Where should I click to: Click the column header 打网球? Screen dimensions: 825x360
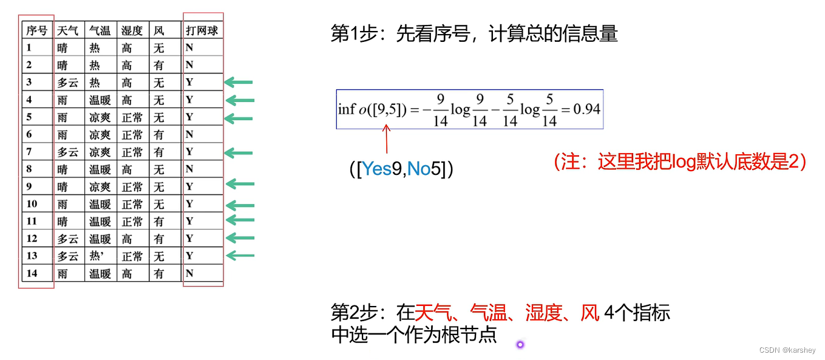click(202, 30)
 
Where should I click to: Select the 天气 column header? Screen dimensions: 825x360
click(67, 30)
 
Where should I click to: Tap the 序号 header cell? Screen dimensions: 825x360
click(37, 30)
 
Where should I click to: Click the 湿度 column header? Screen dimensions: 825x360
click(132, 30)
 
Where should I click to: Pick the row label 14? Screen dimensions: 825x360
click(32, 273)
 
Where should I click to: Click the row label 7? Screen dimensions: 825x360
click(29, 151)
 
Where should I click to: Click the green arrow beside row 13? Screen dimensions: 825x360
click(239, 256)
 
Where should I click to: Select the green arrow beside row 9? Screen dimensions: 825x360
click(239, 185)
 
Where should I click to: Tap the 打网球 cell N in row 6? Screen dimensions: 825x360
click(189, 134)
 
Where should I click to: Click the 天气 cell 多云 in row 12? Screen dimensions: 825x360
click(67, 239)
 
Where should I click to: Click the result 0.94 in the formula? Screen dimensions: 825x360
click(586, 109)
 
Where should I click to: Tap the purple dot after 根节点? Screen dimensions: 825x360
click(520, 345)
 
